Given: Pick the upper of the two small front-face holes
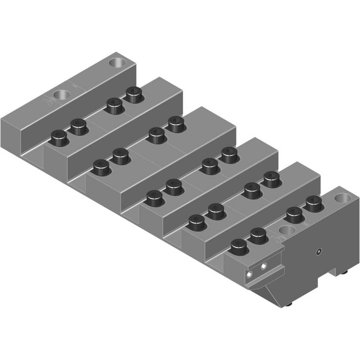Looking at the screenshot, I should point(264,266).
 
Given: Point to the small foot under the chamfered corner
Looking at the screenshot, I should point(291,305).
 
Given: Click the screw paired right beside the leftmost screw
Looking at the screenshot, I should point(78,126).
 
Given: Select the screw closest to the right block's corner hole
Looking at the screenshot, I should point(314,203).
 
